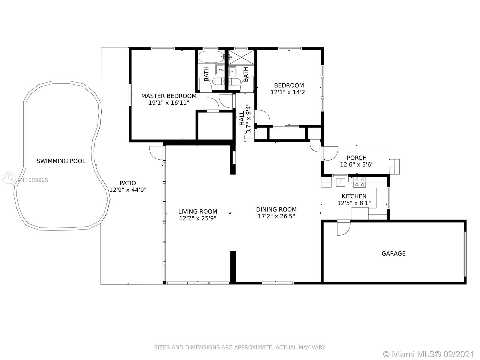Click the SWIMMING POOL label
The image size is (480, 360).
61,161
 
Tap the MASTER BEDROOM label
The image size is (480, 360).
169,96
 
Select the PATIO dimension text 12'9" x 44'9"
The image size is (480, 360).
128,190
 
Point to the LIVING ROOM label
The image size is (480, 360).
198,211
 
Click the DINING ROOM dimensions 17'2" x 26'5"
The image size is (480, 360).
276,216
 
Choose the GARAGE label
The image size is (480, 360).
394,253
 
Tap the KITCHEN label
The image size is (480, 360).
354,196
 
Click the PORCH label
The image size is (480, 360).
357,157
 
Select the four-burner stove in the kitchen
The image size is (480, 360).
360,182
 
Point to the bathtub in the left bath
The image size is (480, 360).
211,57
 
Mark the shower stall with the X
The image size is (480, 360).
241,57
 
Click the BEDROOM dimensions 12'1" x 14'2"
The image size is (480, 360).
289,92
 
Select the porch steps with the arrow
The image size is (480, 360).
395,167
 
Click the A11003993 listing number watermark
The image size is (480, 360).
33,180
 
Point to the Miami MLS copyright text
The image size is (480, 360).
429,354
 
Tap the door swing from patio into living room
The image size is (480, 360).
156,153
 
